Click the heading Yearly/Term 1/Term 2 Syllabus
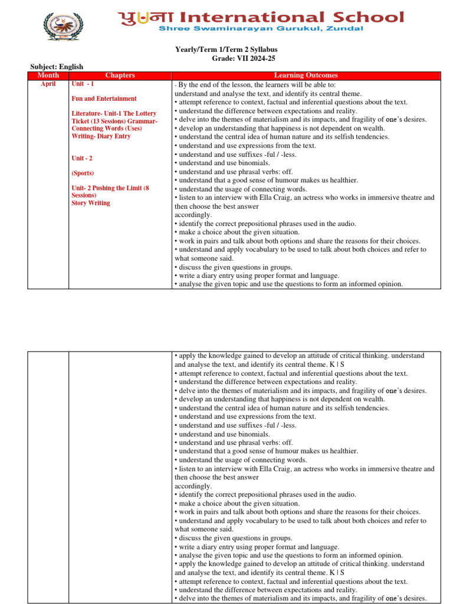click(x=243, y=50)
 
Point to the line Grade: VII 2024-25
click(x=243, y=58)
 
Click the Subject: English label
click(x=57, y=67)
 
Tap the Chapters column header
click(x=120, y=75)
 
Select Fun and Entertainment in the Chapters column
click(x=104, y=99)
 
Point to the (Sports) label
click(x=84, y=173)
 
